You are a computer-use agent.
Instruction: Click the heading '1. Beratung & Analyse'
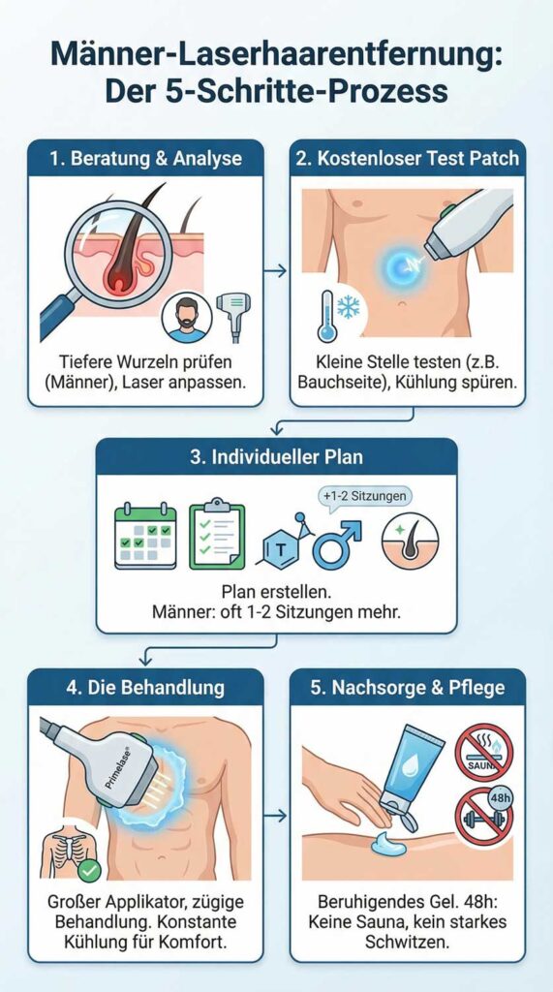145,158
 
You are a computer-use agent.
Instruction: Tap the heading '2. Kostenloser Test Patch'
407,158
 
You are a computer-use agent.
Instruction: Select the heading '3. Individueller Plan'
277,457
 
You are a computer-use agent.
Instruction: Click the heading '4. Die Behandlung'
145,687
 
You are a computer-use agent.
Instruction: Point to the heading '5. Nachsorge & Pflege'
408,687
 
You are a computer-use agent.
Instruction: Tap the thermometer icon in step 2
326,316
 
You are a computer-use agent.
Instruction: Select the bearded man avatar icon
187,318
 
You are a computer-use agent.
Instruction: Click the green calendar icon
145,535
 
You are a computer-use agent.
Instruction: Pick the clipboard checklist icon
217,534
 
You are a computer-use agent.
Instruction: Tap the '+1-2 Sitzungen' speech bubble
364,496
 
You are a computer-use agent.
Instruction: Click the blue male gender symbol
337,542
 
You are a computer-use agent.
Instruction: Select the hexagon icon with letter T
282,543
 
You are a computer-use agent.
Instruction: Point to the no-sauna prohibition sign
484,752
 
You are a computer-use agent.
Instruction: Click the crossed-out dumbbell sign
484,817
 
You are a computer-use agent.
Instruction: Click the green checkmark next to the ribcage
89,870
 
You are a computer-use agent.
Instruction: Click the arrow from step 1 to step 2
275,271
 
